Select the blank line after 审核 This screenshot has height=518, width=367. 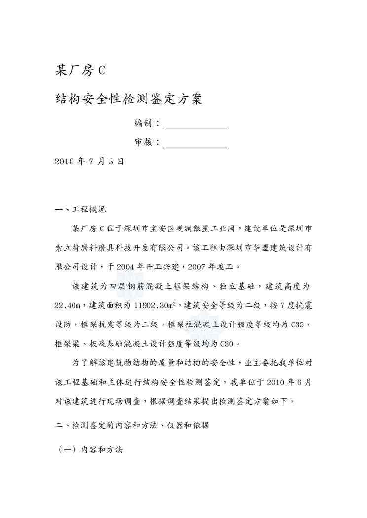point(194,142)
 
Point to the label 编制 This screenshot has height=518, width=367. point(144,123)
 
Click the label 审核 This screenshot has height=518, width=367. point(144,142)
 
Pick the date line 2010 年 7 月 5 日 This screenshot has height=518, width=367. point(89,162)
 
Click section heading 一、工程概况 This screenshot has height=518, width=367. point(80,209)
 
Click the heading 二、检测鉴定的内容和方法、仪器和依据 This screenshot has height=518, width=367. point(132,426)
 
